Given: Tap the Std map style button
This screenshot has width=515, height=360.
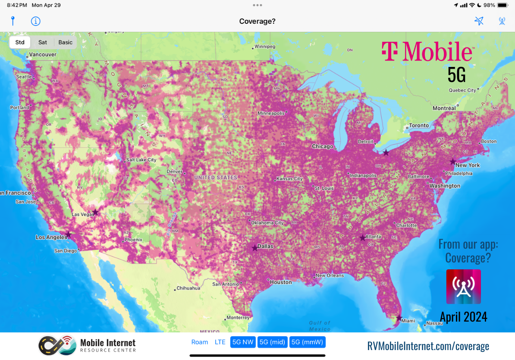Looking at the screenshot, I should (20, 42).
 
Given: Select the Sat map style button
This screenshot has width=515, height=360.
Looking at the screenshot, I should (43, 42).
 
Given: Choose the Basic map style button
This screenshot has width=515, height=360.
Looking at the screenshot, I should (66, 42).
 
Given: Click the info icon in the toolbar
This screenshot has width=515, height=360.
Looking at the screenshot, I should (36, 21).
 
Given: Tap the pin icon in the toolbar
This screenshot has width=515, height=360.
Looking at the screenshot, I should (13, 21).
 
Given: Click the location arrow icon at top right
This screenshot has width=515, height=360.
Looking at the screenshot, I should (479, 21).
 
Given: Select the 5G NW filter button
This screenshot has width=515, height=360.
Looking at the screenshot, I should (243, 342).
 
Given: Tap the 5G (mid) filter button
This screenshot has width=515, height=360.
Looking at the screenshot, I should (272, 342).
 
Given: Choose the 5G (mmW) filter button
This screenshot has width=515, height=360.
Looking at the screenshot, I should (308, 342).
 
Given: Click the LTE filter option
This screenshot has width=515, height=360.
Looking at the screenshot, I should (220, 342).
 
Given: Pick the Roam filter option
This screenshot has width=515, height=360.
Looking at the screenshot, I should (200, 342).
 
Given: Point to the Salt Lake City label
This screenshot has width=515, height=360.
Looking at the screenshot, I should (141, 160).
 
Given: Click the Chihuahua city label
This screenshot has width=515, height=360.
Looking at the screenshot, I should (188, 288).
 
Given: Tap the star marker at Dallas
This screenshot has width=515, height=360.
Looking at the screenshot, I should (254, 248).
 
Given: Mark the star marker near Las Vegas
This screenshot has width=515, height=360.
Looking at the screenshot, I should (95, 212).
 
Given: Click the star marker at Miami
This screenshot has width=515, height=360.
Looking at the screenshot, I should (399, 318).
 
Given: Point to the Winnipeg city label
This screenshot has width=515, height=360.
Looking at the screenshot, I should (265, 46).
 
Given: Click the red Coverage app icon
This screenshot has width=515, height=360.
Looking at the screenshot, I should (463, 287).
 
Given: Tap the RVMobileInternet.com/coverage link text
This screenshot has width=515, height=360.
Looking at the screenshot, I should (428, 346).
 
